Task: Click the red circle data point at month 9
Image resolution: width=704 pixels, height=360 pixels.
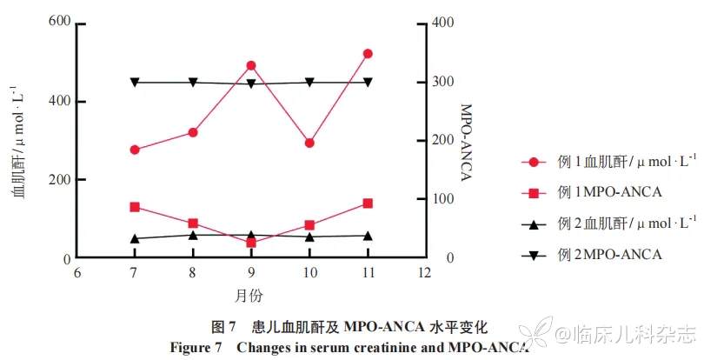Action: tap(251, 65)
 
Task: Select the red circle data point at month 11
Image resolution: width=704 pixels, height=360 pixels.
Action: tap(368, 54)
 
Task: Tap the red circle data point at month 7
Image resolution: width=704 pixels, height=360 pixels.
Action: tap(135, 150)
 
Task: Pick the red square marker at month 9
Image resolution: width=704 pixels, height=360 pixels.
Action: tap(251, 243)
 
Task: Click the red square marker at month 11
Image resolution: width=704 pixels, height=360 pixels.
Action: tap(368, 203)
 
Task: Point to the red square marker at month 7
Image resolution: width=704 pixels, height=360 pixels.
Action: tap(135, 207)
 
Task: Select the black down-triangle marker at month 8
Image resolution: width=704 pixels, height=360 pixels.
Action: tap(193, 83)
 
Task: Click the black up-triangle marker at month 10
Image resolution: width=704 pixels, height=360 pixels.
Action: tap(309, 236)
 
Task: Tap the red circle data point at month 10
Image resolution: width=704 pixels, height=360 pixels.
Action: tap(309, 143)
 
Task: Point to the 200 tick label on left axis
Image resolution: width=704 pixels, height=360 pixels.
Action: tap(59, 180)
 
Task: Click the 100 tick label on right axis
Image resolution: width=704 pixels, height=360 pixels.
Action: tap(444, 199)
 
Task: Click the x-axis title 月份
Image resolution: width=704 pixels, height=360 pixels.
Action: tap(249, 296)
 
